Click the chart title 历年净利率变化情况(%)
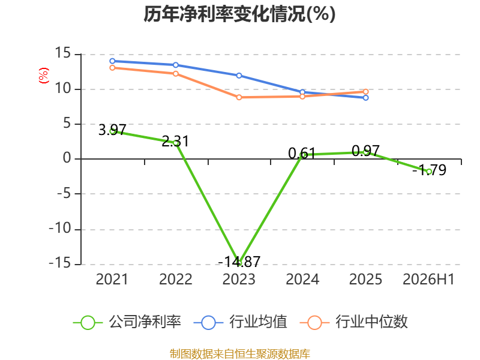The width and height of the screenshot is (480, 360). [239, 14]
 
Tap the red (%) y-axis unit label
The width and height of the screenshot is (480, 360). [43, 76]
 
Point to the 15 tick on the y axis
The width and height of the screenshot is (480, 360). [63, 53]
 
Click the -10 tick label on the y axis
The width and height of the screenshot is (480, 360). [60, 229]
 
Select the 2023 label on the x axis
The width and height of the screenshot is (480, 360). [239, 279]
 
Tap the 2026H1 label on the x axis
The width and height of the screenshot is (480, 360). [428, 279]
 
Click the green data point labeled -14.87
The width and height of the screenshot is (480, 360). [239, 263]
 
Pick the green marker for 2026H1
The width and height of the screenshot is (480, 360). [429, 172]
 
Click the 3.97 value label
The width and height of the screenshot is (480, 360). [112, 130]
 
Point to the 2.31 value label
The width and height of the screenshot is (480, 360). [175, 141]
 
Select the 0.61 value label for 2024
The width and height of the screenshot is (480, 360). [302, 153]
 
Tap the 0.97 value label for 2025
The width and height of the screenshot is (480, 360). [365, 151]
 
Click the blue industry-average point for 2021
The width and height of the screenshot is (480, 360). [112, 61]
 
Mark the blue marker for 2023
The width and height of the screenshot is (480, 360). [239, 76]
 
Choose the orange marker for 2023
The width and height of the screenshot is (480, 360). [239, 97]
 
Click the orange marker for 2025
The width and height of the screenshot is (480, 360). [366, 92]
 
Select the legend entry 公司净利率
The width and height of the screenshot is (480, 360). [127, 322]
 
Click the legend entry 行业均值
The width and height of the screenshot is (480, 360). [241, 322]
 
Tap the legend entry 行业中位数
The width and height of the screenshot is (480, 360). [353, 322]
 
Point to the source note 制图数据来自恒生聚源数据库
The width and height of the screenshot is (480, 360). [240, 354]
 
